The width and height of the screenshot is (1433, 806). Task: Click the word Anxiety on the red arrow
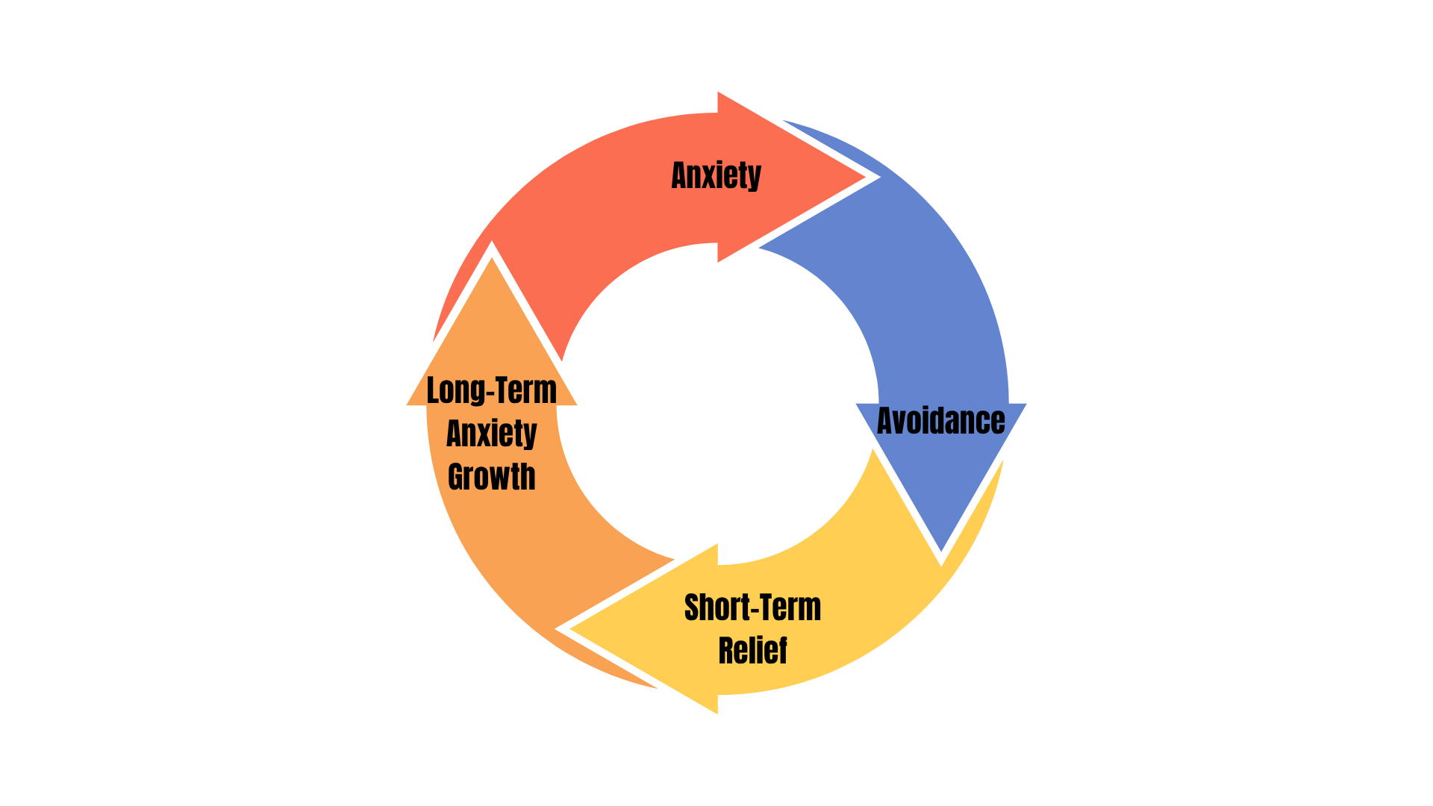tap(716, 176)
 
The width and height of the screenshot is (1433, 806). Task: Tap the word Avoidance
tap(940, 421)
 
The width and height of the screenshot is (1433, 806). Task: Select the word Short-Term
tap(752, 607)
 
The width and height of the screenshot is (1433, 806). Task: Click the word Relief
tap(752, 650)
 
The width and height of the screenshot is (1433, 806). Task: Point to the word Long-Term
tap(491, 390)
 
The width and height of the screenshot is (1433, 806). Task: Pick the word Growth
tap(491, 477)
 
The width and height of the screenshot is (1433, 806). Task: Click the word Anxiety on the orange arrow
tap(491, 434)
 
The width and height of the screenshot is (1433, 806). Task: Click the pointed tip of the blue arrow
tap(942, 552)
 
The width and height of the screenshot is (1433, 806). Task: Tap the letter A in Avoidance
tap(887, 421)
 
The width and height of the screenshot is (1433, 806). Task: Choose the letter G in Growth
tap(457, 477)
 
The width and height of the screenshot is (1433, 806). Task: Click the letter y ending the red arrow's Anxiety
tap(754, 178)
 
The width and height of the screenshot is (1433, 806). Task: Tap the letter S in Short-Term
tap(693, 607)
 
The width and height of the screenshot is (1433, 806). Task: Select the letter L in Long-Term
tap(433, 390)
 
